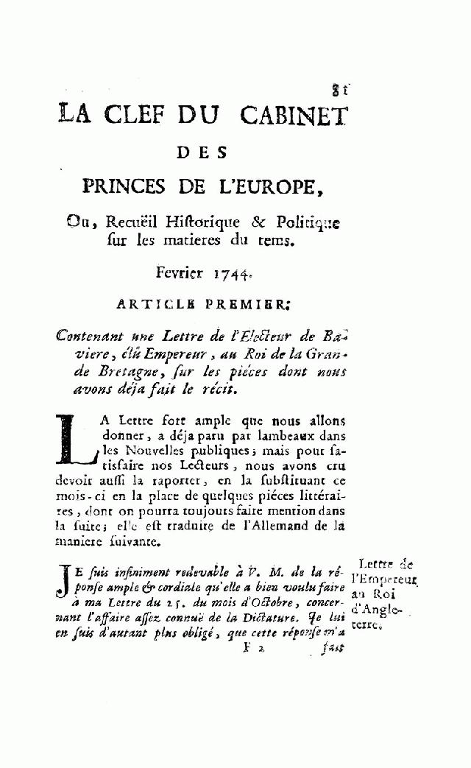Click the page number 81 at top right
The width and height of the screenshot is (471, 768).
click(339, 91)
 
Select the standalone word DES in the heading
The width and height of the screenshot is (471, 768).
click(203, 153)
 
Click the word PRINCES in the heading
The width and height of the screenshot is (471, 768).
click(130, 186)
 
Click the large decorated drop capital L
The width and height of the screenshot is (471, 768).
click(75, 440)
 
